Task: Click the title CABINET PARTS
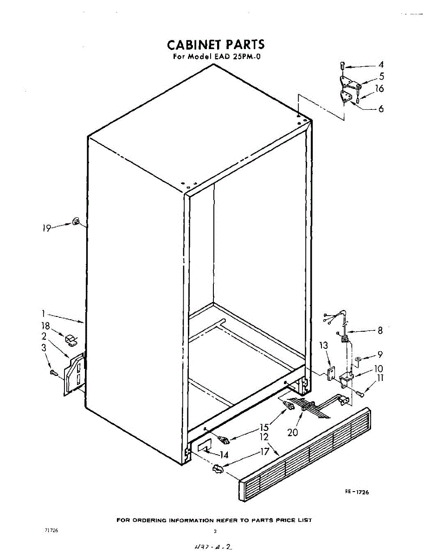(x=216, y=45)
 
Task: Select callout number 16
(x=379, y=88)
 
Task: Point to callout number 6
(x=381, y=109)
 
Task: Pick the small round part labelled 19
(x=76, y=221)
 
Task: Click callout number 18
(x=45, y=327)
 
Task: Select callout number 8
(x=380, y=331)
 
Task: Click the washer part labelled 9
(x=359, y=359)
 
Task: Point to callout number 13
(x=323, y=345)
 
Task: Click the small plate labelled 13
(x=331, y=373)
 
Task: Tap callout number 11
(x=380, y=378)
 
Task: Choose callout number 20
(x=293, y=432)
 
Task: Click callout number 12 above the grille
(x=264, y=436)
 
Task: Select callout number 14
(x=224, y=455)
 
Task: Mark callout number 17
(x=265, y=451)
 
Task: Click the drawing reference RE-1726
(x=357, y=492)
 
